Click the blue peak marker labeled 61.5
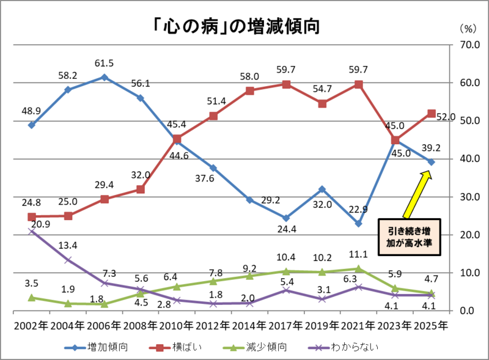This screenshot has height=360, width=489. pos(104,77)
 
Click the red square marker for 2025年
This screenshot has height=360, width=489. pos(431,113)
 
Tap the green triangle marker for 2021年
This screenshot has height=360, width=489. pos(359,268)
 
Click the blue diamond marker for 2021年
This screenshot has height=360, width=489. pos(359,224)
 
